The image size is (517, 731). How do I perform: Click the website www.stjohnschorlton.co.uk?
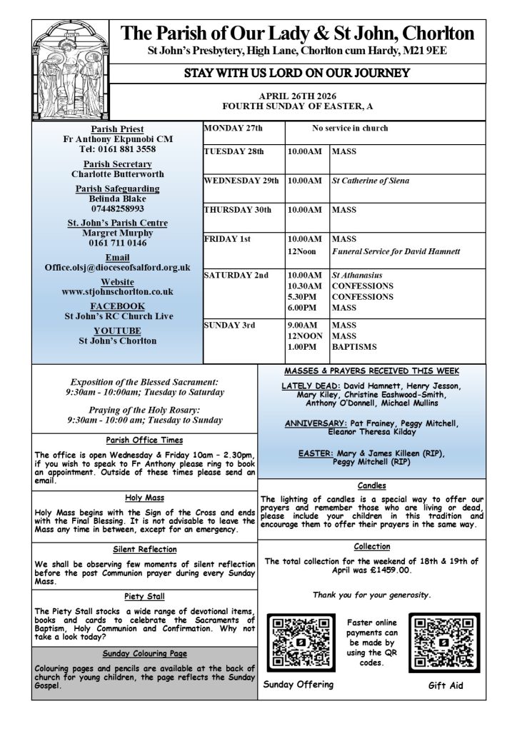[118, 291]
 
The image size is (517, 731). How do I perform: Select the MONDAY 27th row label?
[234, 128]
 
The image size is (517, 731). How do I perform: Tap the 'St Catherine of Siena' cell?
[370, 181]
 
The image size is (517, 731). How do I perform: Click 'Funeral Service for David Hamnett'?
[396, 251]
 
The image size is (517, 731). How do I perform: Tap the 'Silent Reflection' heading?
[144, 549]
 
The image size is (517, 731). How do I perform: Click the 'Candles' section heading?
[371, 485]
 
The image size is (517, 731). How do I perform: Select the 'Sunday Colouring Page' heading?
[144, 652]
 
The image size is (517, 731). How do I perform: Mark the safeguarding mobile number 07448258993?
[118, 208]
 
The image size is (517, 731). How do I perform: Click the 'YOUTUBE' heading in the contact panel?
[118, 331]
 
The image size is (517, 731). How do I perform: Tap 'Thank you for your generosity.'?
[371, 595]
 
